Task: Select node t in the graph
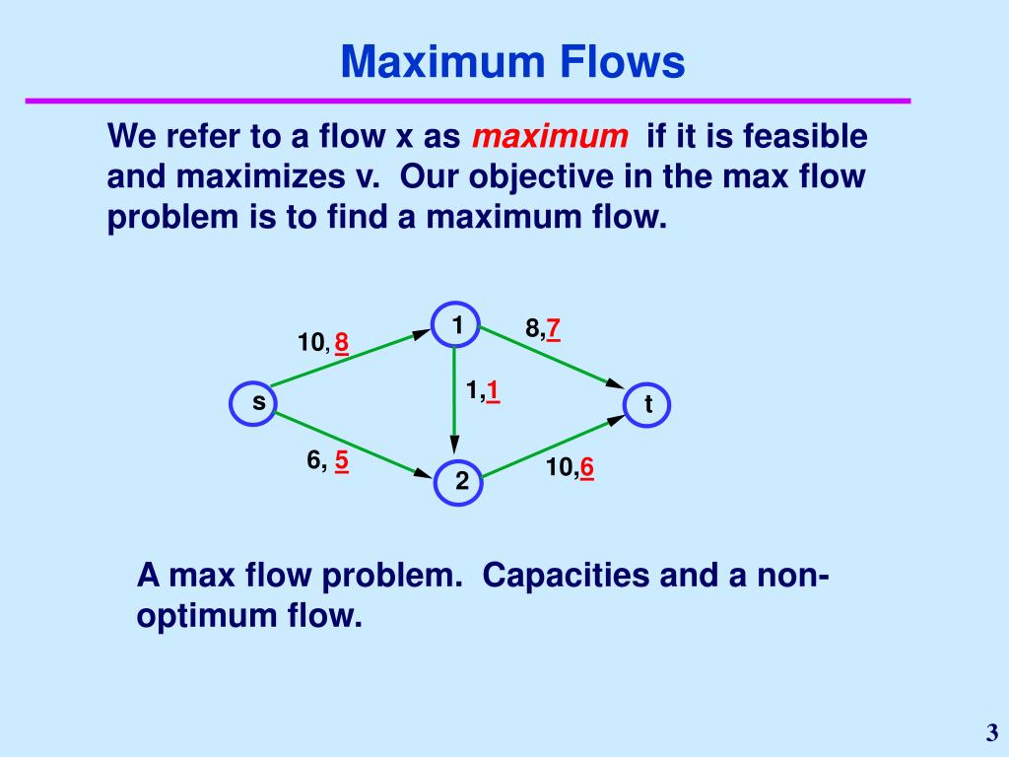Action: click(x=647, y=404)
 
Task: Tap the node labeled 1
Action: click(x=456, y=325)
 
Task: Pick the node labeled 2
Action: click(x=459, y=482)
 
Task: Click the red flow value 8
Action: click(x=341, y=343)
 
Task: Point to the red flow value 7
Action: click(x=554, y=329)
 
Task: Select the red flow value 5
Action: click(x=341, y=460)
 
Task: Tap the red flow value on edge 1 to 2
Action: click(x=491, y=391)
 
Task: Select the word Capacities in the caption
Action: click(x=562, y=575)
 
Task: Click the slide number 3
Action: click(x=991, y=732)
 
